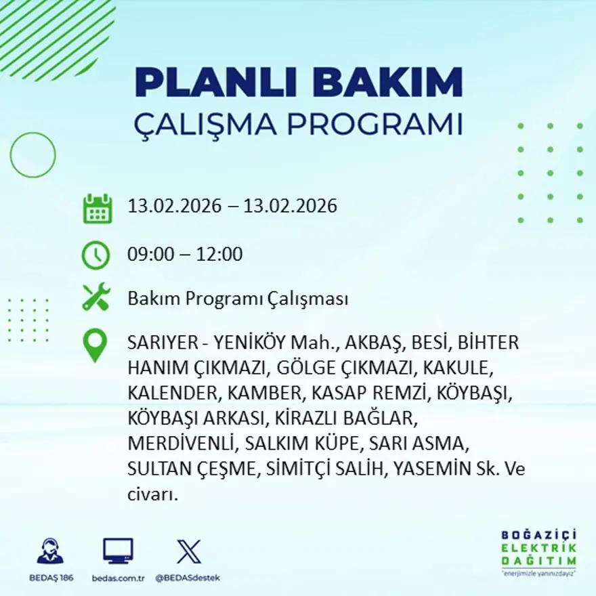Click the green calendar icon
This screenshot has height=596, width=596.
pos(97,209)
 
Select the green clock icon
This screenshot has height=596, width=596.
pos(95,255)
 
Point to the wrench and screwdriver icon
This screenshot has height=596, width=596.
pos(96,297)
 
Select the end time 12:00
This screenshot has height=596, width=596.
pos(219,255)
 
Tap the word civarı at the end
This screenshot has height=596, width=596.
pos(153,495)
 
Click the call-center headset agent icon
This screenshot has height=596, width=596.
pos(51,551)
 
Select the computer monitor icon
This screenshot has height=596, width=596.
pos(118,551)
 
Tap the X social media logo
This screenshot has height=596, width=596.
pos(188,551)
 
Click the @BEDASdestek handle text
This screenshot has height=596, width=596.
pos(188,578)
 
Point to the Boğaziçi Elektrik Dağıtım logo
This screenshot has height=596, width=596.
pos(539,551)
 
